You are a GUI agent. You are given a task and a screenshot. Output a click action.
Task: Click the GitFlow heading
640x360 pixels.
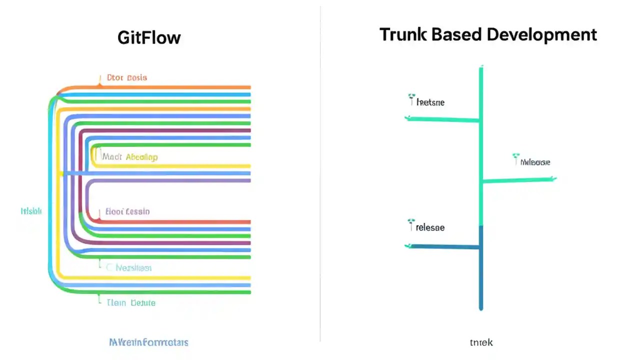[x=149, y=37]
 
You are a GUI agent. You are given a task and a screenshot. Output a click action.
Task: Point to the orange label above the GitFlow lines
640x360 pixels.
[x=127, y=77]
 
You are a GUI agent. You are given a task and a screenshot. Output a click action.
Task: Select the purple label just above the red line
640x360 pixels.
[x=127, y=211]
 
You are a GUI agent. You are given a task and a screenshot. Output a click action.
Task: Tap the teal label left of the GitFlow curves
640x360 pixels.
[x=31, y=211]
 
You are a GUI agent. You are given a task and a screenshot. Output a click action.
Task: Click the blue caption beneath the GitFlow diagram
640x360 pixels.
[x=148, y=342]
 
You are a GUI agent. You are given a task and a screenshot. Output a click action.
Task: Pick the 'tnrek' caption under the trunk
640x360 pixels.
[x=481, y=342]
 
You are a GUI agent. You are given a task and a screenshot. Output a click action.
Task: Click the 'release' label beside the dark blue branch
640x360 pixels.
[x=429, y=227]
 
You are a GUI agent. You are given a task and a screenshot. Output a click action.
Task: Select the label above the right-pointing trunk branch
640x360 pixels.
[x=535, y=162]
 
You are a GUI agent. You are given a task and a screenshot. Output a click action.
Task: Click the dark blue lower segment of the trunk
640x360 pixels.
[x=481, y=270]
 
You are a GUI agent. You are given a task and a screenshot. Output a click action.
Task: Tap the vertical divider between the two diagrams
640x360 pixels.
[x=320, y=175]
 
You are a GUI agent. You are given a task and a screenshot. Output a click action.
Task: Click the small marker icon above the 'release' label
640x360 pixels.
[x=411, y=220]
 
